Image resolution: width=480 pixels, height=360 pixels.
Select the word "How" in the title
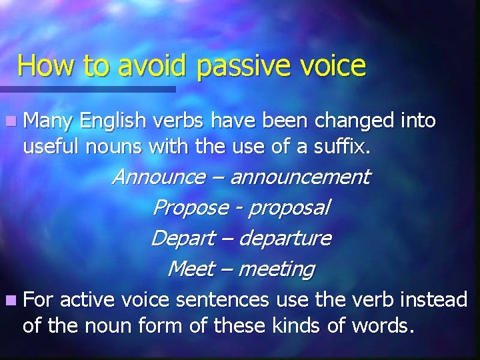point(43,66)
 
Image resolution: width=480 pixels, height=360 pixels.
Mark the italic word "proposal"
point(288,208)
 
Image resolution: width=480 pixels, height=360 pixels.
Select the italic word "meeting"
point(275,269)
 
